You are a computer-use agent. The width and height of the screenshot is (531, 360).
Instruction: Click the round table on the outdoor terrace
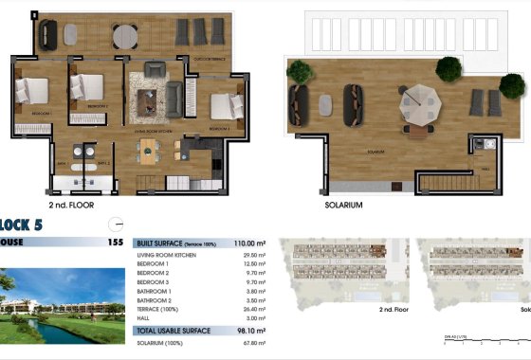point(124,35)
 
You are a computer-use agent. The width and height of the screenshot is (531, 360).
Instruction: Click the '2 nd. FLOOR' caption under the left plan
point(71,204)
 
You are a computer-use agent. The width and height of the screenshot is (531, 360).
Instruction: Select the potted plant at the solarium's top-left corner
point(301,70)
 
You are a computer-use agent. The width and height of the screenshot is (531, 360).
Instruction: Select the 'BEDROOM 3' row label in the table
point(154,281)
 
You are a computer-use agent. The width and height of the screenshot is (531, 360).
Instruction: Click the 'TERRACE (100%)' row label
point(159,308)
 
